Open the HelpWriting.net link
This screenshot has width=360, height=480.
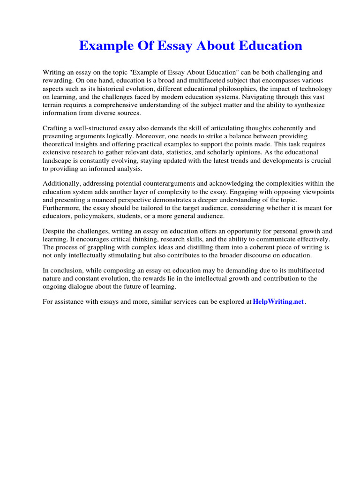click(278, 302)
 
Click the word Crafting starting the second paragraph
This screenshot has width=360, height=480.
click(56, 128)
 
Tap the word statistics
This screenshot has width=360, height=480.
click(213, 152)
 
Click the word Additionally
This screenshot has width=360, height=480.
click(61, 183)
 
